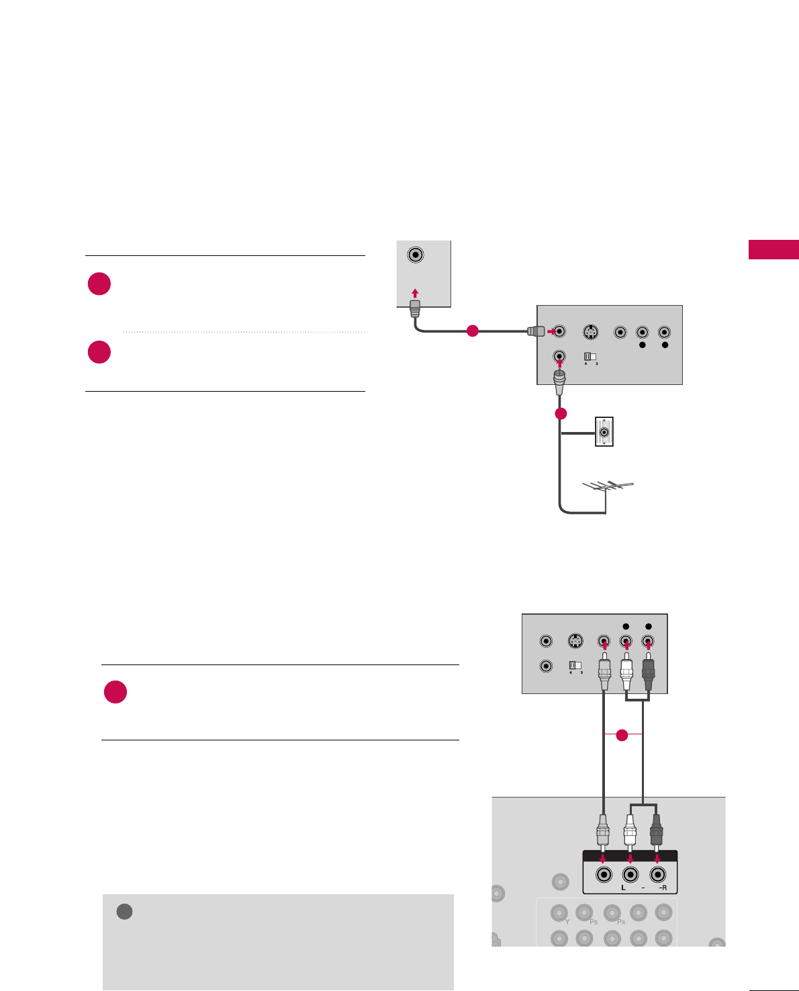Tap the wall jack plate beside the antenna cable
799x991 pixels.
[604, 432]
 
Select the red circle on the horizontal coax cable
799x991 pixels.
[472, 331]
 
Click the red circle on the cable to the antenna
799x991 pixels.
[561, 413]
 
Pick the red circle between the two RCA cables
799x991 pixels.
[622, 735]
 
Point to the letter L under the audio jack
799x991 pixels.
[623, 888]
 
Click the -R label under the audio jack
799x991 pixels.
[662, 888]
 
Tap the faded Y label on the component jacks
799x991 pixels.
[567, 922]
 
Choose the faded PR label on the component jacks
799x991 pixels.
[621, 922]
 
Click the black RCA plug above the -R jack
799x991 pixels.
[656, 831]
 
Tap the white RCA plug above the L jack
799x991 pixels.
[630, 831]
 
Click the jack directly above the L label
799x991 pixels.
[630, 874]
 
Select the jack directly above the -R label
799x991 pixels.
[657, 874]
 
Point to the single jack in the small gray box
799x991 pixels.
[416, 255]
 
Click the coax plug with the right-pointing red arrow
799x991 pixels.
[535, 331]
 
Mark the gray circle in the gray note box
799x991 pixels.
[124, 912]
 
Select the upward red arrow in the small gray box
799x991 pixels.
[416, 293]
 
